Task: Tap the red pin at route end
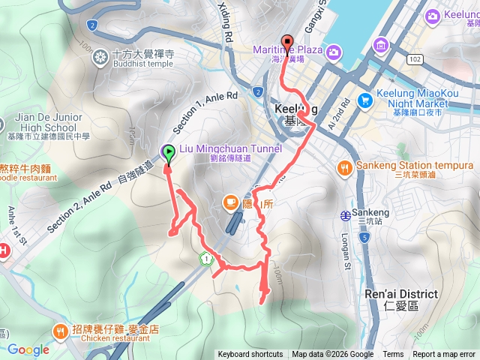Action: [x=286, y=43]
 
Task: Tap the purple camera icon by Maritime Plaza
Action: [x=333, y=51]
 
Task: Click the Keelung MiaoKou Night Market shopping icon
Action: [x=365, y=100]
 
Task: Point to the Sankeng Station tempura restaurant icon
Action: [x=345, y=165]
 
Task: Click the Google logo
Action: [x=28, y=349]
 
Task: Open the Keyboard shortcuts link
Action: [x=250, y=355]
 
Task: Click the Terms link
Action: [x=393, y=355]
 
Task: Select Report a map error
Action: [x=444, y=355]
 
